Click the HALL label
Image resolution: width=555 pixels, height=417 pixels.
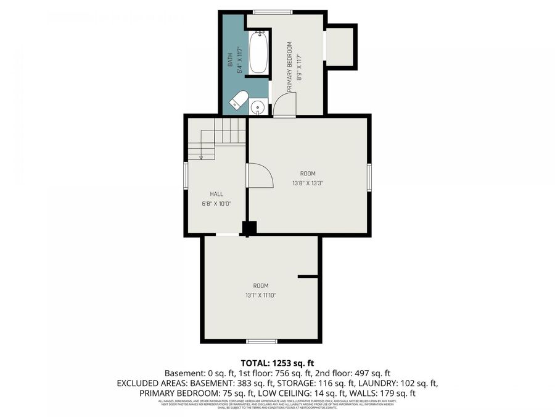[216, 194]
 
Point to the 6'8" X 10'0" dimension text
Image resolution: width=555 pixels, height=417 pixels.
[216, 204]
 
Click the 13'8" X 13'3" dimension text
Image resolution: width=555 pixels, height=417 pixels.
[308, 183]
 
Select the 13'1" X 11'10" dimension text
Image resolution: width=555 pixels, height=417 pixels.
[260, 295]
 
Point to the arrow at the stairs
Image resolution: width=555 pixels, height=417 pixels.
[201, 156]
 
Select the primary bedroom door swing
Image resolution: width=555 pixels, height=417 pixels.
[286, 104]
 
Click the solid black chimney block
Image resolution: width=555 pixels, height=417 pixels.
[249, 228]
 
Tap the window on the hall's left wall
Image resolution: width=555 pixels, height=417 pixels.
[185, 175]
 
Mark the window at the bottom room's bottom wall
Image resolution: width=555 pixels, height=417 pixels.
[261, 341]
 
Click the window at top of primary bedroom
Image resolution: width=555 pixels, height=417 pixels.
[273, 11]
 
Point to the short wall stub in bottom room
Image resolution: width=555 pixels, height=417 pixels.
[308, 277]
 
